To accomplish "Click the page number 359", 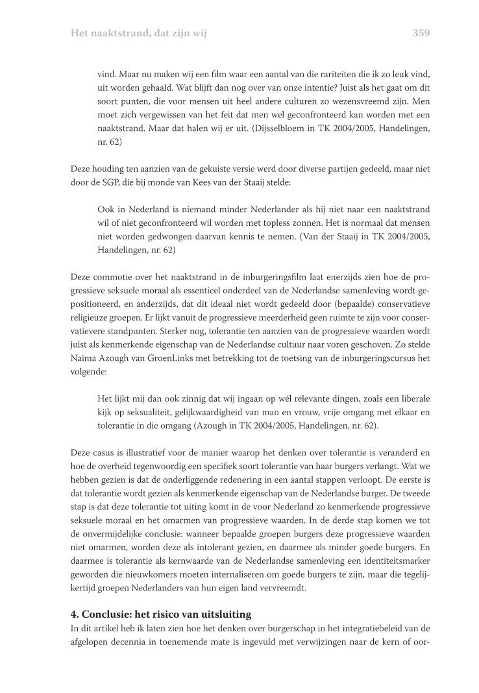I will click(x=421, y=32).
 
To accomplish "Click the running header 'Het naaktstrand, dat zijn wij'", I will click(x=138, y=32).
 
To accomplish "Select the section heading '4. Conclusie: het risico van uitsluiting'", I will click(x=160, y=614).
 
